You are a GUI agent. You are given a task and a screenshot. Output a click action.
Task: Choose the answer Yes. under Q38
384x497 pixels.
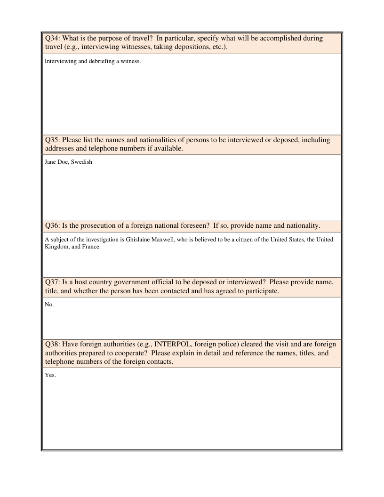(x=50, y=375)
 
